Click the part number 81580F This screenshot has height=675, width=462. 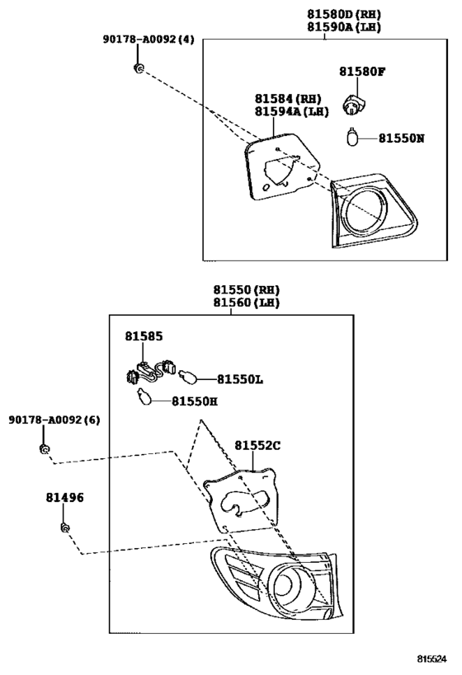coord(361,72)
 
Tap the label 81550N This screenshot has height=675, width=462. coord(401,138)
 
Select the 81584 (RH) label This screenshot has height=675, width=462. coord(287,99)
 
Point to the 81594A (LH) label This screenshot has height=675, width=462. coord(291,111)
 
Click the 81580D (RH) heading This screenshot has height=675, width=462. coord(344,14)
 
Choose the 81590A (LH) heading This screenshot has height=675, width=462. coord(344,27)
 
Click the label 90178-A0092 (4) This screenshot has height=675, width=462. coord(148,40)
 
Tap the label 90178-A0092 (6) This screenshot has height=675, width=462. coord(54,420)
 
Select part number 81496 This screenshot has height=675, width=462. coord(64,498)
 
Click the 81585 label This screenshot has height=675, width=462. coord(144,336)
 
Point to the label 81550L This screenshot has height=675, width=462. coord(239,379)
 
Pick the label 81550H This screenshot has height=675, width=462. coord(195,401)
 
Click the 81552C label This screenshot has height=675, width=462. coord(257,446)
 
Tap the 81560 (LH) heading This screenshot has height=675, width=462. coord(246,302)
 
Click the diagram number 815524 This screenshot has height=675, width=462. coord(431,659)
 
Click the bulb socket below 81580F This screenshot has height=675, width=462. coord(353,105)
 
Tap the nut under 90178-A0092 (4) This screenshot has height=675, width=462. coord(139,68)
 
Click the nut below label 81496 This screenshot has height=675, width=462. coord(64,527)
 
